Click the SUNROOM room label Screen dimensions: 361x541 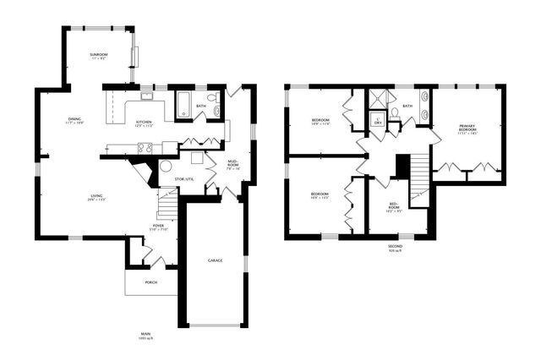(x=97, y=56)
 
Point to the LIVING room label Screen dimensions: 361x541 (x=97, y=199)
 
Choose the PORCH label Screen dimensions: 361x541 (x=150, y=282)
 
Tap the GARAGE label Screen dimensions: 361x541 (x=216, y=260)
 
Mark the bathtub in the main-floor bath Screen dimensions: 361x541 (x=185, y=106)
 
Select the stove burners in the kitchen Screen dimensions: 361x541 (x=145, y=148)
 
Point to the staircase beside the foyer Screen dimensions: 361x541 (x=168, y=204)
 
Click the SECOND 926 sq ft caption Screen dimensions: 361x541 (x=396, y=249)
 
